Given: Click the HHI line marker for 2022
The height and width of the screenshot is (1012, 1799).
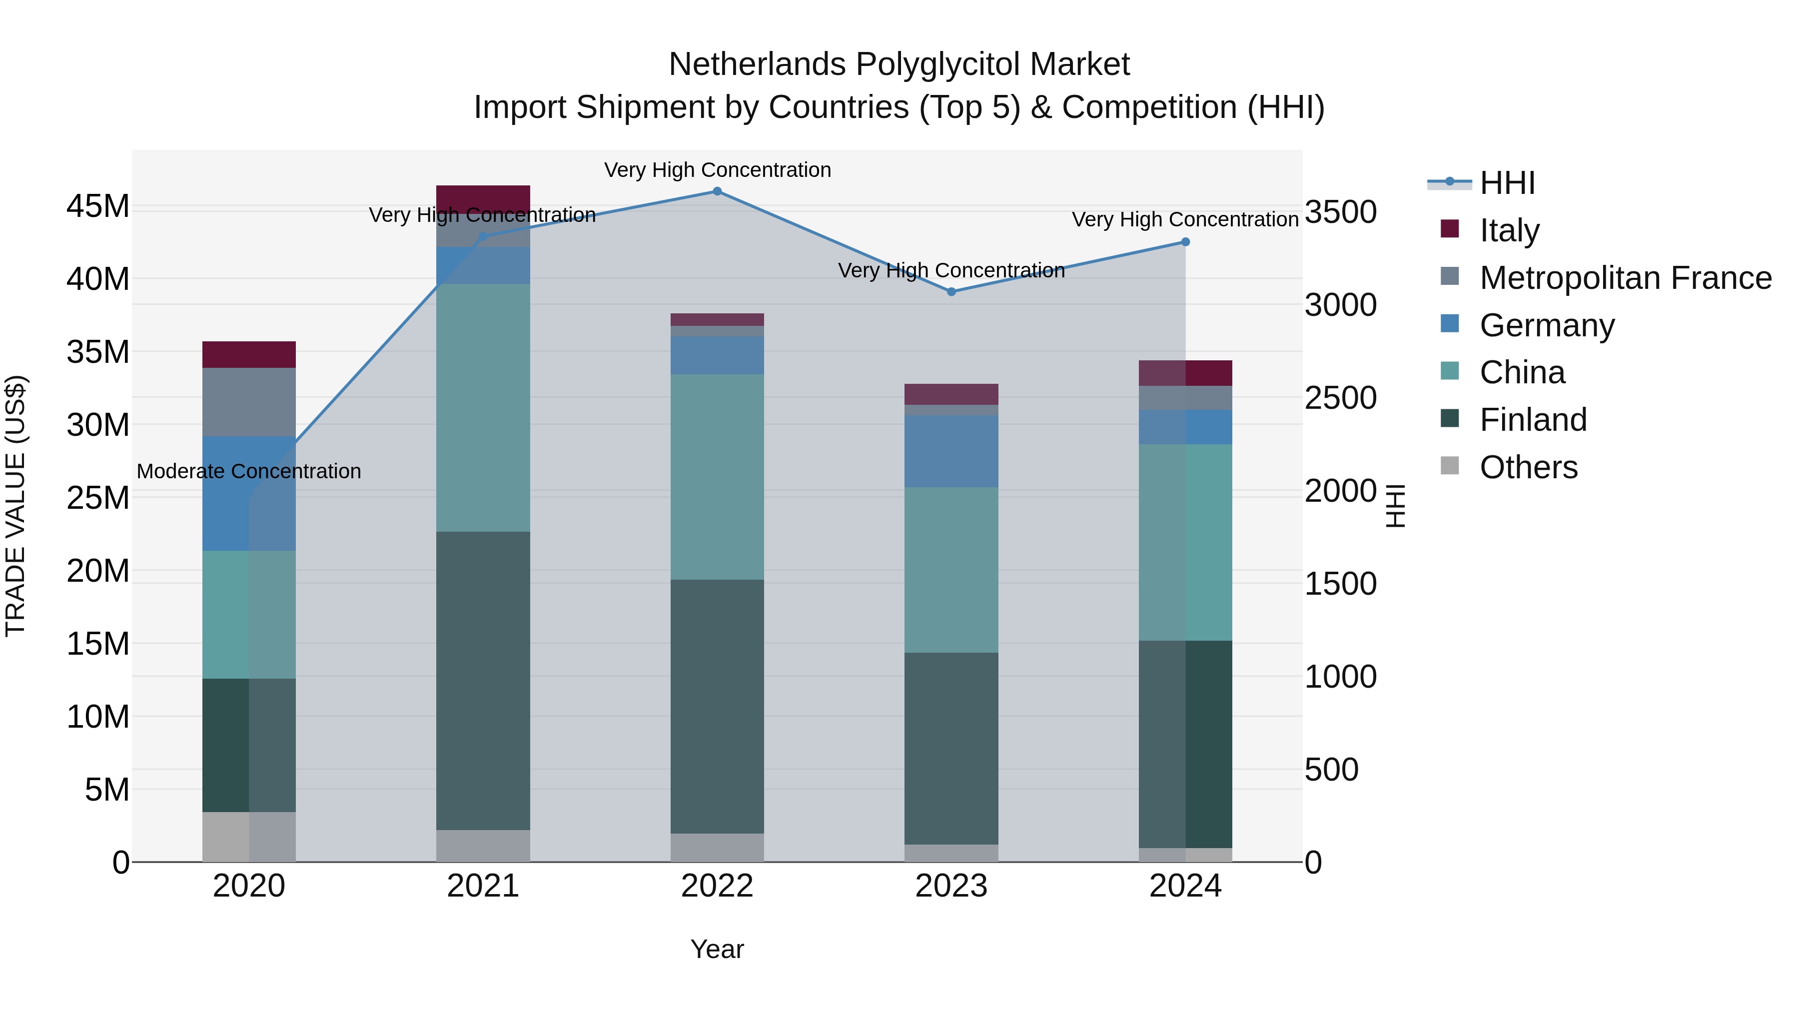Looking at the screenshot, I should click(x=717, y=191).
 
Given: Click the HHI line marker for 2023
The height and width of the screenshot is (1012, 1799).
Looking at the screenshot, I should click(x=951, y=292).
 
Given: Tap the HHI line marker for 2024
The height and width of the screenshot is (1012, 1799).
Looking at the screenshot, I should click(x=1185, y=242).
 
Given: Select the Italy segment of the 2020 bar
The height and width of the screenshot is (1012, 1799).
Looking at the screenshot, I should click(x=249, y=355).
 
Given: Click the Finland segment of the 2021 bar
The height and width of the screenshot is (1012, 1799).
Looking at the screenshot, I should click(x=483, y=681).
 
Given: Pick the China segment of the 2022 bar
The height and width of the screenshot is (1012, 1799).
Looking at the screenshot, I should click(x=717, y=477).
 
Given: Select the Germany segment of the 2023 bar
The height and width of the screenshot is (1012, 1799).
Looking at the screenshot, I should click(x=951, y=451).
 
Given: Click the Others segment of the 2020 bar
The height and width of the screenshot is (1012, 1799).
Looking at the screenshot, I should click(x=249, y=837).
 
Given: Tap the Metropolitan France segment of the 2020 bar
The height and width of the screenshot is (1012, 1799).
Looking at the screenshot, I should click(x=249, y=402).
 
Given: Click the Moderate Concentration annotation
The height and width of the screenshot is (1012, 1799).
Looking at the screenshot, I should click(x=249, y=471).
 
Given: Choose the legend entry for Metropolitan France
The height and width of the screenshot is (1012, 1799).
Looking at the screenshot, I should click(x=1625, y=278).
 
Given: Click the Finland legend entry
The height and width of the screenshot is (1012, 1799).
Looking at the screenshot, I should click(x=1533, y=420).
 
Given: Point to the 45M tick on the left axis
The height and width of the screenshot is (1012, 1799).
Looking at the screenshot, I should click(x=98, y=207).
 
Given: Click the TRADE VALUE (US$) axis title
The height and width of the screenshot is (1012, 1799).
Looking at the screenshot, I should click(x=15, y=506).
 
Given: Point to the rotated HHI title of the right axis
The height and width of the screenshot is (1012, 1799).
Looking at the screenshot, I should click(x=1395, y=506).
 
